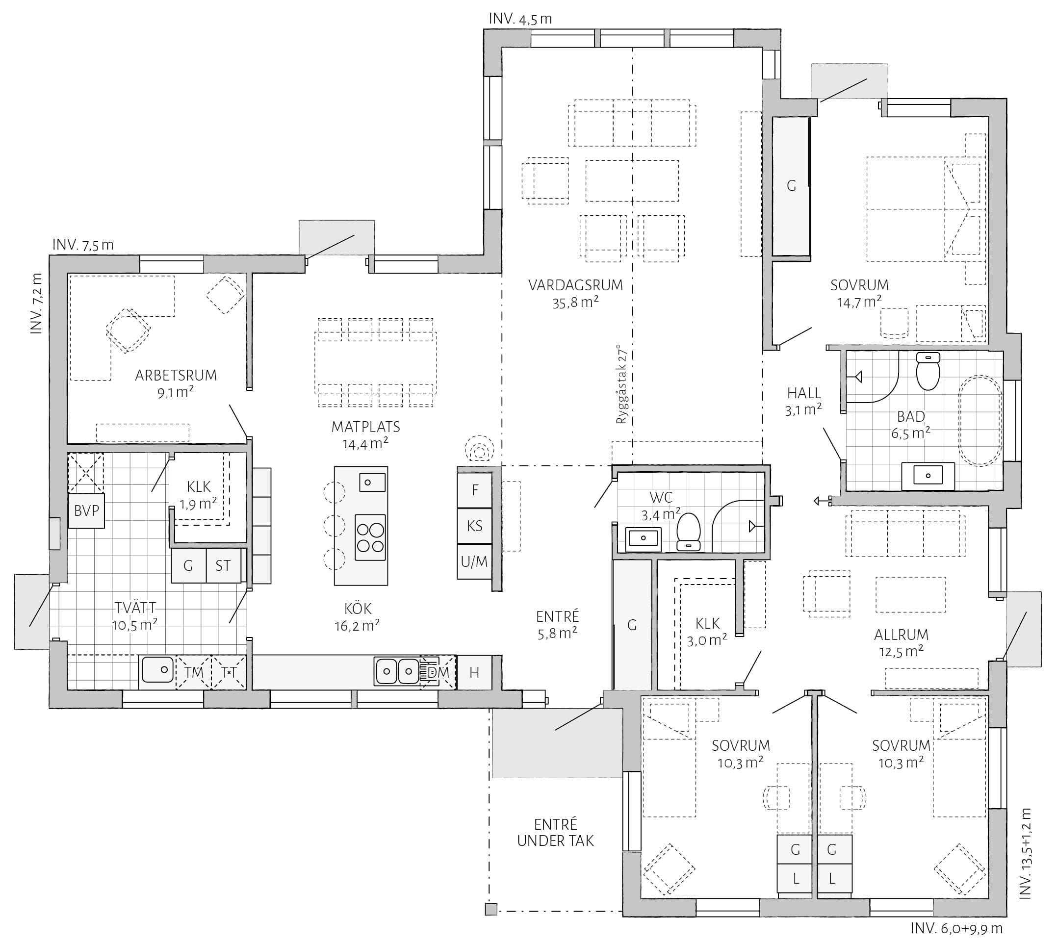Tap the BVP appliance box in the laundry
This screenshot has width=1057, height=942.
[86, 510]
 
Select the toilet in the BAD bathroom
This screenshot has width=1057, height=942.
[928, 371]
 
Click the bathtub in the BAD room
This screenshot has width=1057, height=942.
[980, 420]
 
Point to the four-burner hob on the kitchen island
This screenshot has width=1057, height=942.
[371, 537]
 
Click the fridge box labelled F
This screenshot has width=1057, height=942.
[475, 489]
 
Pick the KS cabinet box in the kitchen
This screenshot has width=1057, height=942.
[475, 526]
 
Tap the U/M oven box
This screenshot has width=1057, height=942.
[475, 561]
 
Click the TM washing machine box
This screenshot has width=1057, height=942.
[194, 672]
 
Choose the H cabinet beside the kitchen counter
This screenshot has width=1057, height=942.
[474, 672]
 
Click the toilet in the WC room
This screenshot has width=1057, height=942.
[689, 532]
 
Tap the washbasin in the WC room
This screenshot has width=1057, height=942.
[644, 538]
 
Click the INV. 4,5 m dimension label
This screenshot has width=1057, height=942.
[520, 19]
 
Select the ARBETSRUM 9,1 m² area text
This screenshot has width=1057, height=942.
[176, 383]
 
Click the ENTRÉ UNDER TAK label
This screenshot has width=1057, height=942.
[555, 832]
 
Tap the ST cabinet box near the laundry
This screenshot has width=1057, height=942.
[223, 565]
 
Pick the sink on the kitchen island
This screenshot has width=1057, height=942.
[372, 483]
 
